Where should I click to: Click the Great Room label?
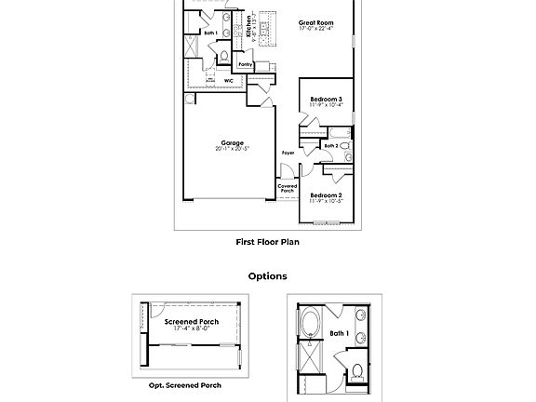pos(316,21)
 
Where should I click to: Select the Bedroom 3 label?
pos(326,99)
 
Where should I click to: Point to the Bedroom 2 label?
pos(326,194)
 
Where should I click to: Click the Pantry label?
pos(245,64)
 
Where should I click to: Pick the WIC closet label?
pos(228,81)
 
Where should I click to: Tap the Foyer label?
pos(288,153)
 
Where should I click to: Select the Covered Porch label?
pos(288,189)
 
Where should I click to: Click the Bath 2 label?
pos(330,146)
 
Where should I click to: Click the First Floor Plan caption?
pos(267,242)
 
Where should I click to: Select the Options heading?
pos(267,276)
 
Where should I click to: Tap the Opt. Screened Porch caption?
pos(185,385)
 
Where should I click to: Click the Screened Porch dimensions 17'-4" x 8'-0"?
pos(192,328)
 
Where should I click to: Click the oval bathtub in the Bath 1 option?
pos(310,327)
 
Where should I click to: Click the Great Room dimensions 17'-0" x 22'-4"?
pos(316,29)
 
